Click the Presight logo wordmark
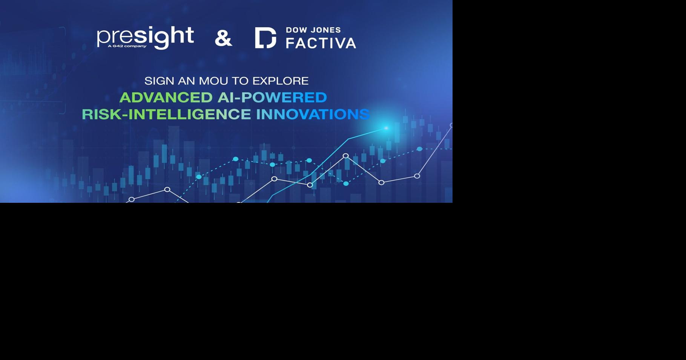145,37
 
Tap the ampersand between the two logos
223,38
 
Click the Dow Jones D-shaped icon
265,38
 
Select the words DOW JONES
313,30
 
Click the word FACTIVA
321,43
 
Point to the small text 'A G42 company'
127,46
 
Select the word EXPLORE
280,81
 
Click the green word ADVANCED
166,98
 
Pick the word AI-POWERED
272,98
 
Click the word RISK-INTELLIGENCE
166,114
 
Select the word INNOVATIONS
313,114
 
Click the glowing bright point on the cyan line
386,128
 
